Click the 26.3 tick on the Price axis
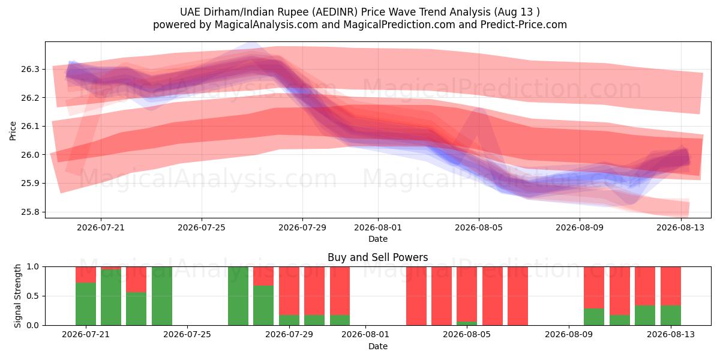(x=30, y=69)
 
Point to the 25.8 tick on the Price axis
(x=30, y=212)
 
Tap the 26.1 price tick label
(x=30, y=127)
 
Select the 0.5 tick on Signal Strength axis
(x=32, y=296)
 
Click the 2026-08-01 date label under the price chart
(x=378, y=227)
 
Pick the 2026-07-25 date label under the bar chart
(x=187, y=334)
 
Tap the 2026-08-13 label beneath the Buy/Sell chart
(x=671, y=334)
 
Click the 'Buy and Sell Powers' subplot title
(x=377, y=257)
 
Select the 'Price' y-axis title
(x=13, y=131)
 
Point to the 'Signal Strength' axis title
(x=17, y=296)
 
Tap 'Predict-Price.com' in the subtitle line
(x=524, y=25)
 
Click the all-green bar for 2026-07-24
(x=161, y=296)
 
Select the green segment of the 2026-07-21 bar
(x=85, y=304)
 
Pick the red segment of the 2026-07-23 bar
(x=136, y=280)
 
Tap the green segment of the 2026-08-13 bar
(x=671, y=315)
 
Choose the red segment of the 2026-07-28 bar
(x=263, y=276)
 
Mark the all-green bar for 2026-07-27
(x=238, y=296)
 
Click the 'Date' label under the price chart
(x=378, y=239)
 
